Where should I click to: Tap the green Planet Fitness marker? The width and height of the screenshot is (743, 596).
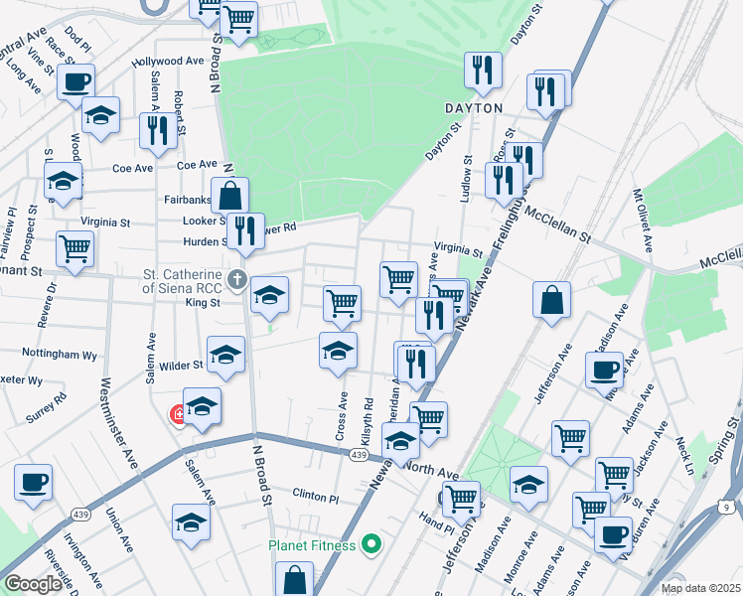click(x=371, y=544)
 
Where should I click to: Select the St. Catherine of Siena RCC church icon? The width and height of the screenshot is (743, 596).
click(x=236, y=279)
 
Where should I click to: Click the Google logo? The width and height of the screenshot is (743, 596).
click(x=33, y=584)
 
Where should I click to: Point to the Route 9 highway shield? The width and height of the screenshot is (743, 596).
click(x=726, y=508)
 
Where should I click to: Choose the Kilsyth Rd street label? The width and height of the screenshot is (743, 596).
click(x=368, y=421)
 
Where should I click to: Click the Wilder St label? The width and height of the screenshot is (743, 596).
click(x=183, y=365)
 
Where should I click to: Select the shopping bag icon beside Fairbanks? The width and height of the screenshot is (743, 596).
click(x=229, y=195)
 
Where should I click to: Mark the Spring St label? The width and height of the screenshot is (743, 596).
click(x=731, y=437)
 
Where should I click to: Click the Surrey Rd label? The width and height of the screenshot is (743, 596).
click(x=46, y=407)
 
